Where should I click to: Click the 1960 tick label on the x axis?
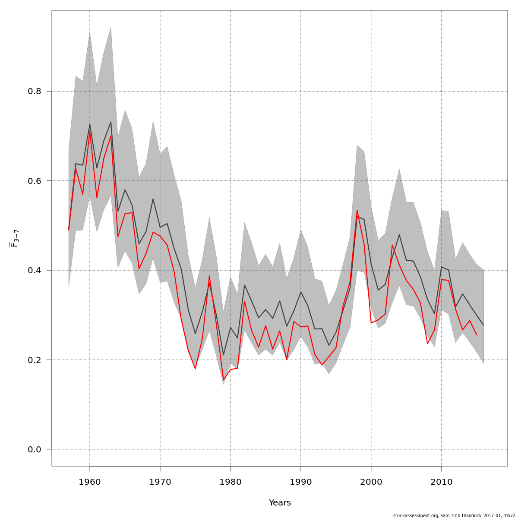pyautogui.click(x=90, y=481)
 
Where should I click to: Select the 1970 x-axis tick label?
pyautogui.click(x=160, y=481)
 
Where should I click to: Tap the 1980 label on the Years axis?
pyautogui.click(x=231, y=481)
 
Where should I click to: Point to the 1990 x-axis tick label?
pyautogui.click(x=301, y=481)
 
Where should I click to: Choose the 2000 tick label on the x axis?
pyautogui.click(x=371, y=481)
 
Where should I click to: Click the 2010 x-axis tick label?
pyautogui.click(x=441, y=481)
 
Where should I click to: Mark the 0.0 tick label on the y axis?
pyautogui.click(x=35, y=449)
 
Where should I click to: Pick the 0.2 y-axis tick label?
pyautogui.click(x=35, y=360)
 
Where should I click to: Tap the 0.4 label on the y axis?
pyautogui.click(x=35, y=270)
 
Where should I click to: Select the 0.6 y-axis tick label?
pyautogui.click(x=35, y=181)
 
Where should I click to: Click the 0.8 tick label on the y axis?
pyautogui.click(x=35, y=92)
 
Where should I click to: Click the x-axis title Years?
pyautogui.click(x=280, y=503)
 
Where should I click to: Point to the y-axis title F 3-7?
pyautogui.click(x=14, y=238)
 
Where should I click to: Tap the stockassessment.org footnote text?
pyautogui.click(x=454, y=515)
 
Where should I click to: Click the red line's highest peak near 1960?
pyautogui.click(x=90, y=131)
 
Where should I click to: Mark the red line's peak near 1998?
pyautogui.click(x=357, y=210)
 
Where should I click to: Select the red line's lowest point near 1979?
pyautogui.click(x=224, y=380)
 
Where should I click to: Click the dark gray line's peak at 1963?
pyautogui.click(x=111, y=122)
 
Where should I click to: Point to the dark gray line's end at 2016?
pyautogui.click(x=483, y=325)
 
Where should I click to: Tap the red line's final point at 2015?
pyautogui.click(x=477, y=335)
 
